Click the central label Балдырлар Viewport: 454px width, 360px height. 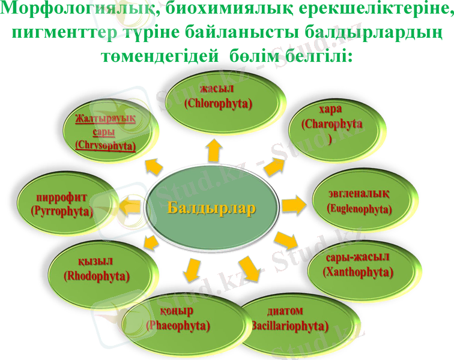point(211,208)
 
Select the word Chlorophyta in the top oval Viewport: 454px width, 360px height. point(219,103)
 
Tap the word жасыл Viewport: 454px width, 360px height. point(217,90)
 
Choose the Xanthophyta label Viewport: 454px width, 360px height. point(358,272)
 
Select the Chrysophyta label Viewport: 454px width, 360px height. point(106,145)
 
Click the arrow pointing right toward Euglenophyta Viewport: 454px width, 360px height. point(294,205)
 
